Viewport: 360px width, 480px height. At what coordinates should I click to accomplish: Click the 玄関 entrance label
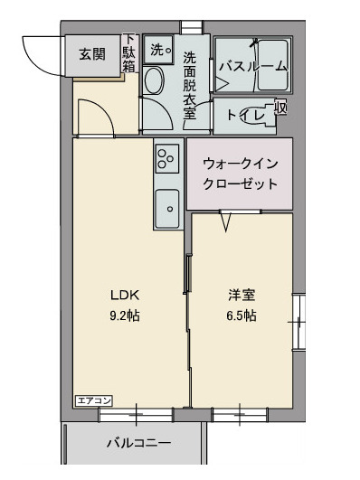pyautogui.click(x=91, y=54)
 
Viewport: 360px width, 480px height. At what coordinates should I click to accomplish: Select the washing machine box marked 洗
pyautogui.click(x=159, y=49)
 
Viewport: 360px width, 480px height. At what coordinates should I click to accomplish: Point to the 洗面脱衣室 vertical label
pyautogui.click(x=190, y=85)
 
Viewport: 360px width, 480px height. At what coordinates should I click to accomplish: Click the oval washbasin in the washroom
pyautogui.click(x=153, y=85)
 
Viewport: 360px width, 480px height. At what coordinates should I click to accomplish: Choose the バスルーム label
pyautogui.click(x=253, y=65)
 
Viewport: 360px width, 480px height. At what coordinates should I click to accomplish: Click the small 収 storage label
pyautogui.click(x=281, y=108)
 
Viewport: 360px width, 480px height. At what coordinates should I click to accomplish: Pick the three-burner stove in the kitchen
pyautogui.click(x=166, y=159)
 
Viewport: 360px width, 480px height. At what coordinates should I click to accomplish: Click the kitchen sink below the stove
pyautogui.click(x=167, y=211)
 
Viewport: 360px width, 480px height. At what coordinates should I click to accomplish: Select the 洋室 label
pyautogui.click(x=240, y=295)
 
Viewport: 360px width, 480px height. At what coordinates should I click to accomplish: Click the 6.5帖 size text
pyautogui.click(x=240, y=315)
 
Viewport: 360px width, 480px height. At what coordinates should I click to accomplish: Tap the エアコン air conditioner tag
pyautogui.click(x=92, y=399)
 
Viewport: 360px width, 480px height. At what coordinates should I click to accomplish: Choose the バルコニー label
pyautogui.click(x=137, y=443)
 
